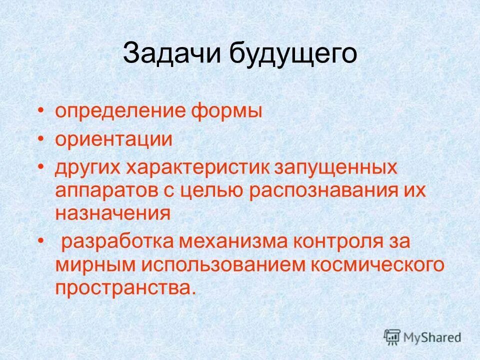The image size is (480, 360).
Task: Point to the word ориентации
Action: (x=114, y=139)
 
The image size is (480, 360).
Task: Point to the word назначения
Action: (x=113, y=214)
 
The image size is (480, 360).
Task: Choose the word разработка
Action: (x=117, y=242)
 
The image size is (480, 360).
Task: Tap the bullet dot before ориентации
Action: (x=41, y=139)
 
